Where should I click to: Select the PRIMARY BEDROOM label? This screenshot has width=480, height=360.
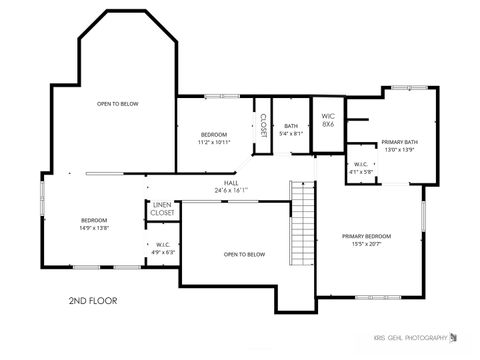coord(366,236)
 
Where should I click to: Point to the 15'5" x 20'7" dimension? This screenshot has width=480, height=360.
coord(366,244)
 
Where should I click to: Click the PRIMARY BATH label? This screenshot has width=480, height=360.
coord(398,142)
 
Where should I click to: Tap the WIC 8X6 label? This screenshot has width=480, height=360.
coord(327,118)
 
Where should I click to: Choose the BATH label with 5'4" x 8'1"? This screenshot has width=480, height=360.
coord(291,126)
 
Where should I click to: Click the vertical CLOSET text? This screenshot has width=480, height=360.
coord(263,125)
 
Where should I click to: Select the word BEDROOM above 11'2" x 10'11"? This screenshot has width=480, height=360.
coord(214,134)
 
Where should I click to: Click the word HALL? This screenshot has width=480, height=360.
coord(231,183)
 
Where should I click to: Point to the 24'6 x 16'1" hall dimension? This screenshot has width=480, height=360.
coord(231,190)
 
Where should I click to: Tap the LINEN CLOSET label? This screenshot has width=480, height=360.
coord(162,208)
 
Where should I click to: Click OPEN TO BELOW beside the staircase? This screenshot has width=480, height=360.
coord(244,254)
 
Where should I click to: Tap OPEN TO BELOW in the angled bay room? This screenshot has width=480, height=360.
coord(117,103)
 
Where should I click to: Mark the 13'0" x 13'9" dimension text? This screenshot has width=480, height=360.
coord(398,150)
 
